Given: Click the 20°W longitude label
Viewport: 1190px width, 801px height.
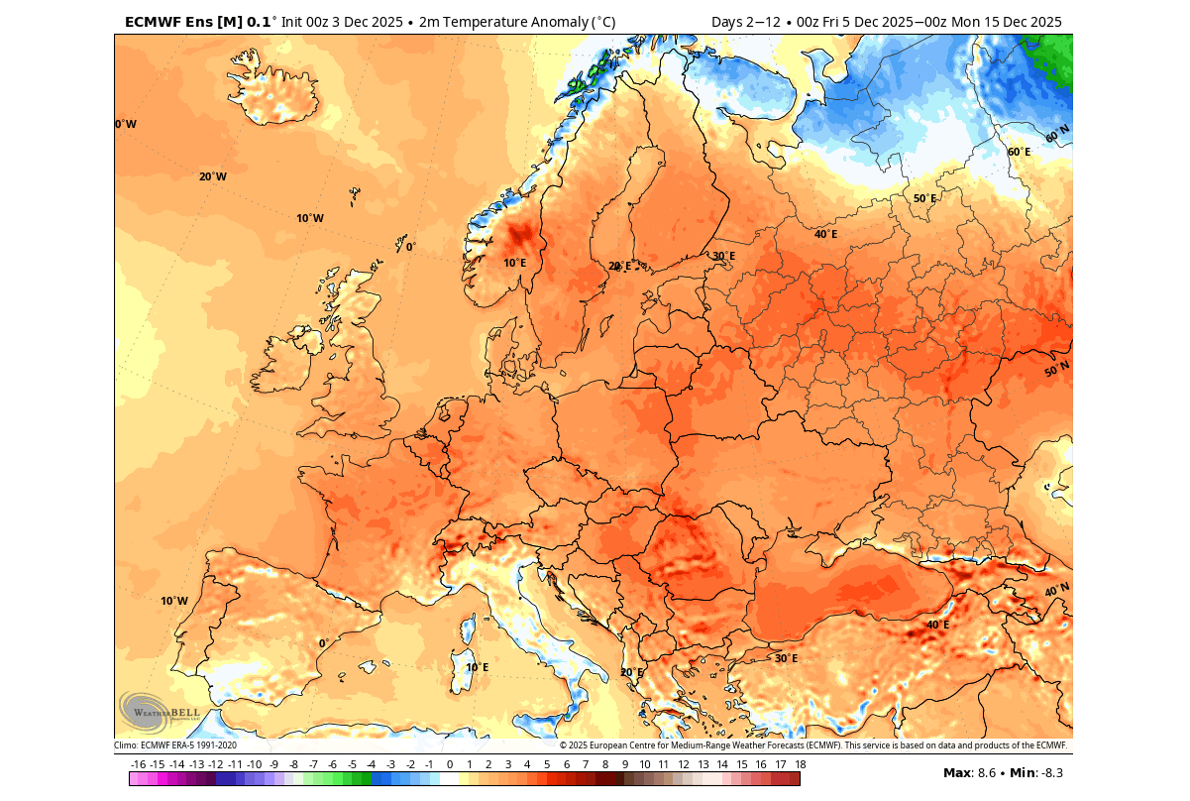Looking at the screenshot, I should (212, 176).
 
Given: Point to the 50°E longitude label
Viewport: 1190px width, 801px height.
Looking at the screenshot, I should (924, 198).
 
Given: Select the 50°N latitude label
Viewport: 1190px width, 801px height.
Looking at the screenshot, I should (1056, 369).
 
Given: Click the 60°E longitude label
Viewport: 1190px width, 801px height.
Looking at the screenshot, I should (1019, 152).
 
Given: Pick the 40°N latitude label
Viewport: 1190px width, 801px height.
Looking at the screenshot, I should (1056, 591).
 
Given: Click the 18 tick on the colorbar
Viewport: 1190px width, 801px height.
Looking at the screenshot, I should (800, 764).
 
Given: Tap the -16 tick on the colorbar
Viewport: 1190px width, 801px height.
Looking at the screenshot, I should (139, 764).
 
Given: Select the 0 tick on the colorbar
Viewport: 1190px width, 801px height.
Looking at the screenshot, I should (449, 764).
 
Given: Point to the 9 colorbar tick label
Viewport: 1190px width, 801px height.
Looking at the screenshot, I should (624, 764).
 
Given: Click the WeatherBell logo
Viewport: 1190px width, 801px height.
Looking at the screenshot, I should (159, 711).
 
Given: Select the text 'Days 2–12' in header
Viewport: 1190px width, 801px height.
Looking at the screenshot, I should (744, 22).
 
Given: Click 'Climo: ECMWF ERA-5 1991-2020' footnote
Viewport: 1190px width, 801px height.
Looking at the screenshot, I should (175, 745).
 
